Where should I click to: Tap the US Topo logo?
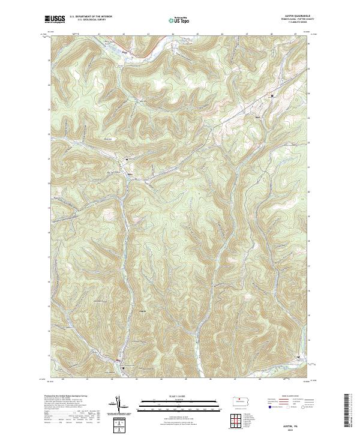tap(179, 20)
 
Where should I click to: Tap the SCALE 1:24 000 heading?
tap(179, 395)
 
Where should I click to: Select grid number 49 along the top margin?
tap(296, 34)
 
